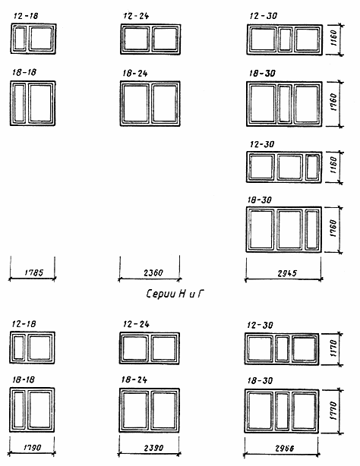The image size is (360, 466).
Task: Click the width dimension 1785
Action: click(34, 272)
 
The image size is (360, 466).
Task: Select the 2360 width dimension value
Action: click(153, 272)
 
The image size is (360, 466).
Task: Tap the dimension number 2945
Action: click(287, 273)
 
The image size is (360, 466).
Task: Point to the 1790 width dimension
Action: click(32, 447)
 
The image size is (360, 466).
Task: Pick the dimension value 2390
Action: click(153, 448)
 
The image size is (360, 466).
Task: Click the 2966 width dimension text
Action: click(285, 449)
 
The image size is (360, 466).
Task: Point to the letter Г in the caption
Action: click(201, 294)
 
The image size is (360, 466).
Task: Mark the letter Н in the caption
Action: click(182, 294)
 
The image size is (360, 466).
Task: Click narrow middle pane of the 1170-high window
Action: click(282, 348)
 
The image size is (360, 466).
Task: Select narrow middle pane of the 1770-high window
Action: click(282, 411)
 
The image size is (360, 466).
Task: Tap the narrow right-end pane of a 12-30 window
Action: click(312, 167)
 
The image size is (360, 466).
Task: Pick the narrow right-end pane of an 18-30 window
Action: click(312, 229)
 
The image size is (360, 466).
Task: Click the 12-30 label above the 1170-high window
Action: click(260, 325)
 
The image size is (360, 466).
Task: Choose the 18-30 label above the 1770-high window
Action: click(260, 381)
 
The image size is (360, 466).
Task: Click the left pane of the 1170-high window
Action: click(260, 348)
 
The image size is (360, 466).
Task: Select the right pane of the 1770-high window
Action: click(304, 411)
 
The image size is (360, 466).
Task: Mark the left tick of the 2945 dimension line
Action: click(246, 279)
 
